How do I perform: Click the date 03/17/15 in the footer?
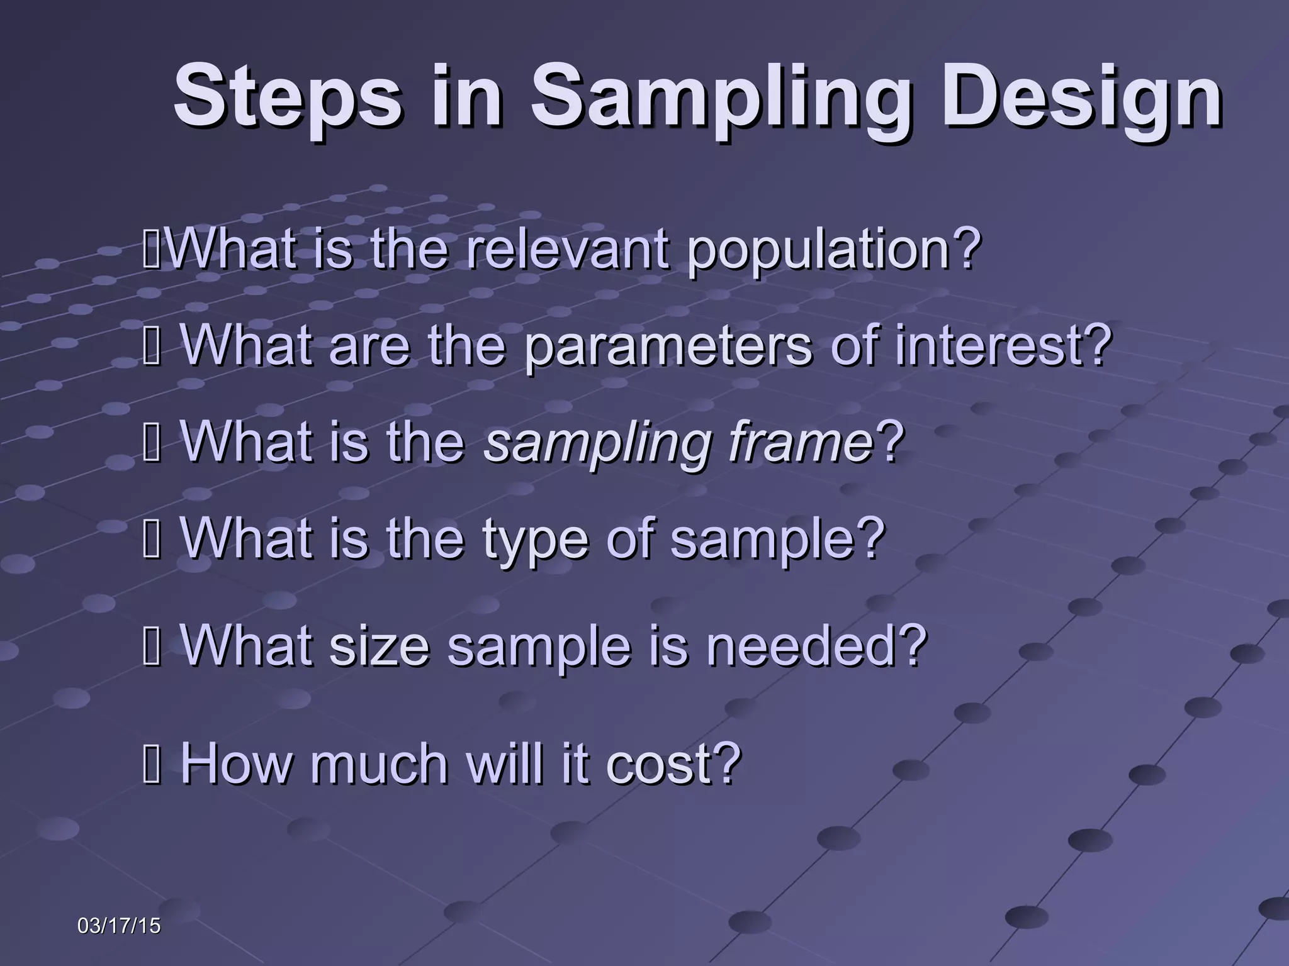(x=119, y=926)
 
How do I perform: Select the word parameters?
(x=668, y=347)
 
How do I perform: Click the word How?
(x=236, y=763)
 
